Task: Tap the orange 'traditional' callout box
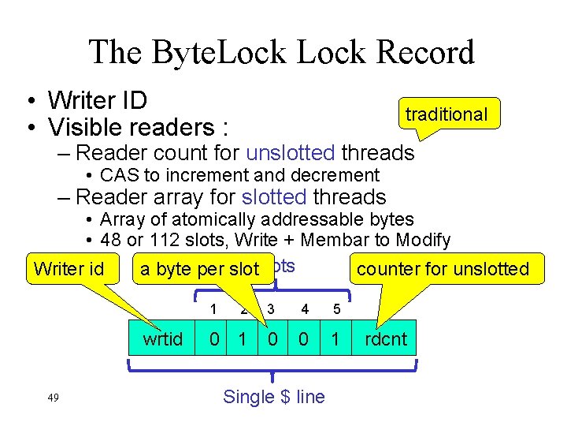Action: pyautogui.click(x=447, y=114)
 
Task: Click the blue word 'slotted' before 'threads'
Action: pyautogui.click(x=275, y=196)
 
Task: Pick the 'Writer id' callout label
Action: pyautogui.click(x=69, y=269)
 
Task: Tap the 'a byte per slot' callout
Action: pyautogui.click(x=199, y=269)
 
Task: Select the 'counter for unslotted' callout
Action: pyautogui.click(x=443, y=269)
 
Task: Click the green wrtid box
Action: pyautogui.click(x=163, y=340)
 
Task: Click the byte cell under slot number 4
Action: pyautogui.click(x=303, y=340)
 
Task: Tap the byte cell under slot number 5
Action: pyautogui.click(x=337, y=340)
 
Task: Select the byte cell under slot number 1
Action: pyautogui.click(x=213, y=340)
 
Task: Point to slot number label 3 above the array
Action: pyautogui.click(x=270, y=308)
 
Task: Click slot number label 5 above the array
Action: pyautogui.click(x=337, y=308)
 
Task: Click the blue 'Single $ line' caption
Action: pyautogui.click(x=273, y=397)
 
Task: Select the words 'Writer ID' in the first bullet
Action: pyautogui.click(x=98, y=101)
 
